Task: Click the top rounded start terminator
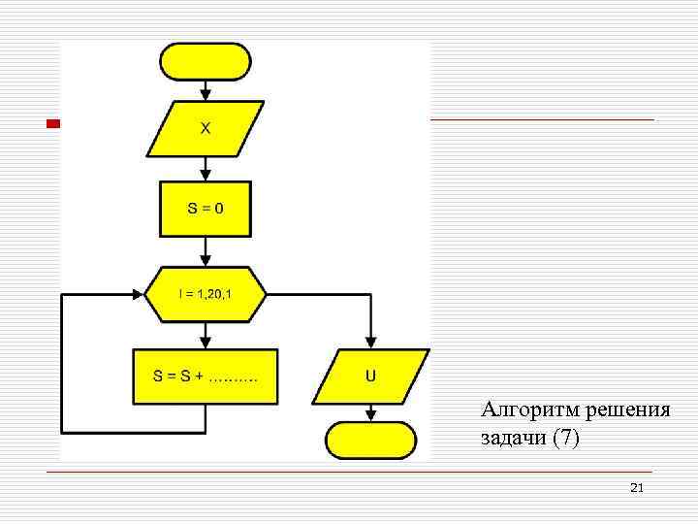click(205, 61)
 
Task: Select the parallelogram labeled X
click(205, 128)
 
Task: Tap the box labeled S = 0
click(205, 209)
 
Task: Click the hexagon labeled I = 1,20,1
click(205, 294)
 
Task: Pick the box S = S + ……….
click(205, 377)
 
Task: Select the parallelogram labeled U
click(370, 377)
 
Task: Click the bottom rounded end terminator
click(370, 440)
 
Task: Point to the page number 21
click(636, 487)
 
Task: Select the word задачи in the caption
click(514, 438)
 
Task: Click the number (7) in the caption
click(565, 438)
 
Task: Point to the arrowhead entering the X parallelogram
click(205, 95)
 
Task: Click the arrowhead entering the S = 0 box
click(205, 175)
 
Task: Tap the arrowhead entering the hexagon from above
click(205, 260)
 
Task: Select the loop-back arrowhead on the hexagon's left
click(138, 294)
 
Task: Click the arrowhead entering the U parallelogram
click(370, 343)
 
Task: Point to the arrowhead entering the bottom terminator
click(370, 415)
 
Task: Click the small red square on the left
click(54, 123)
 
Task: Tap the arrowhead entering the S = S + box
click(205, 343)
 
